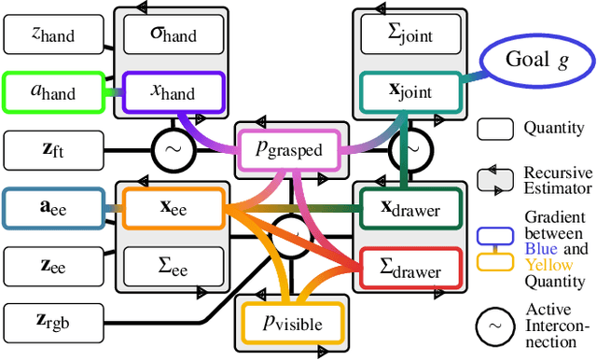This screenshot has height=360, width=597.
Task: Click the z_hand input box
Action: pyautogui.click(x=52, y=36)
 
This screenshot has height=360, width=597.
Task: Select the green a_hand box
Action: pyautogui.click(x=52, y=91)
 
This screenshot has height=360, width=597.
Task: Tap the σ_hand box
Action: pyautogui.click(x=174, y=36)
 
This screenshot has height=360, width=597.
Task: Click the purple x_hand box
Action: pyautogui.click(x=174, y=91)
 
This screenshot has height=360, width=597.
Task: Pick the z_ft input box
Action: pyautogui.click(x=52, y=147)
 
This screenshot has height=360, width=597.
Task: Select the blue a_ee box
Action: pyautogui.click(x=52, y=209)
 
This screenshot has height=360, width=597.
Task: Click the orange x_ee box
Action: pyautogui.click(x=174, y=209)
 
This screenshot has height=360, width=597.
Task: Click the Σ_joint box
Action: pyautogui.click(x=407, y=36)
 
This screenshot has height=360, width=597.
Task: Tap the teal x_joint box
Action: pyautogui.click(x=407, y=91)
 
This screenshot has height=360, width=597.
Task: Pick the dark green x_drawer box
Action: pyautogui.click(x=407, y=209)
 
